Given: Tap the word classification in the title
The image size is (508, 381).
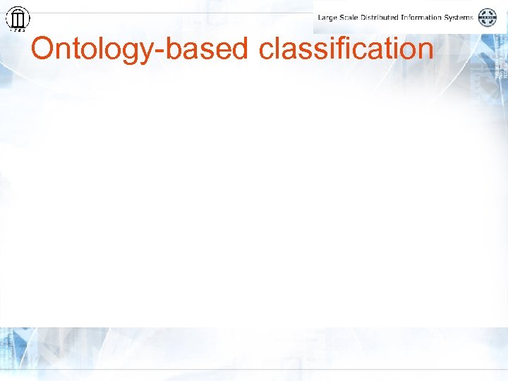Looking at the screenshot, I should click(x=346, y=49).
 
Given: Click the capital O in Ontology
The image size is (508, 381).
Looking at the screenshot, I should click(x=44, y=49).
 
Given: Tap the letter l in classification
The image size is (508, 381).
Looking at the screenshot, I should click(x=278, y=49).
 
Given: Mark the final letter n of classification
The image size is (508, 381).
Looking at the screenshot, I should click(x=424, y=51).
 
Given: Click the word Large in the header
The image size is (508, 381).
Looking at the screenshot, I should click(x=328, y=17).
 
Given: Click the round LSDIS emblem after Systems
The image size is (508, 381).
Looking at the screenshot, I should click(x=488, y=17).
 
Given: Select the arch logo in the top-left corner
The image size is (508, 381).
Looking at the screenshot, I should click(x=18, y=18).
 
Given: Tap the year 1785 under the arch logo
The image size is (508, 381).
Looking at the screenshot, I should click(x=18, y=30).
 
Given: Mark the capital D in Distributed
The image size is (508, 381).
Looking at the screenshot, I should click(x=367, y=17).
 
